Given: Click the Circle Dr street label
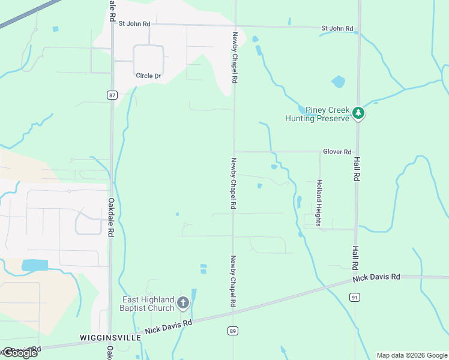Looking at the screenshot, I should [x=148, y=76].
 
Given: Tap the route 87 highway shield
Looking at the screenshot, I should [x=112, y=95].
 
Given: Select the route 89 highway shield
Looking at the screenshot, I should [x=233, y=331].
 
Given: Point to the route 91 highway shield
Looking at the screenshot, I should [x=355, y=297].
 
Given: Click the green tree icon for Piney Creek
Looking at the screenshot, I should [x=358, y=113].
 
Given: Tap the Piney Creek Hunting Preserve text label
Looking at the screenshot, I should [x=318, y=114].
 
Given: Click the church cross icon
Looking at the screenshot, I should [x=183, y=304].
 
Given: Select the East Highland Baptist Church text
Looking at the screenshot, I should [x=148, y=304].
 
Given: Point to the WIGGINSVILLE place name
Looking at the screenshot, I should [x=110, y=338].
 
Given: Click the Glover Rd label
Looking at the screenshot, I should [x=337, y=152].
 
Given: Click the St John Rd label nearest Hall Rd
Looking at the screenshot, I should [x=337, y=28].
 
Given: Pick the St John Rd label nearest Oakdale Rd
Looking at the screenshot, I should [x=134, y=24].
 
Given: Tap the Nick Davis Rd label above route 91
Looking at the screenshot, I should [x=376, y=277].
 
